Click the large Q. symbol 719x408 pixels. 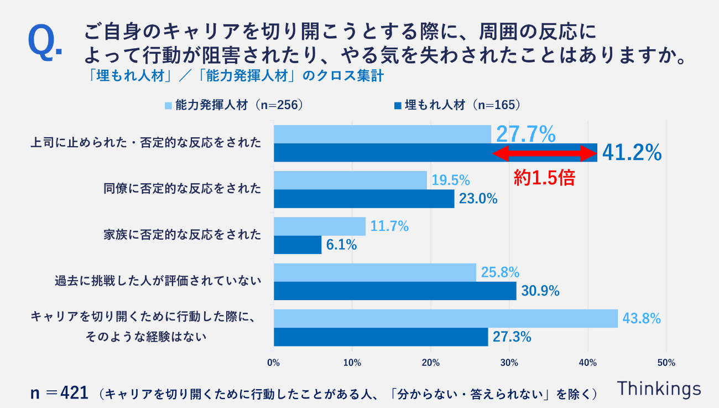click(44, 42)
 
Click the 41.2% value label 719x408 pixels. click(632, 153)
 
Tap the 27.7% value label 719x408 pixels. click(525, 134)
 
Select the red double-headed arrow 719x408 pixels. click(544, 153)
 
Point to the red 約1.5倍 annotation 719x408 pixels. click(544, 177)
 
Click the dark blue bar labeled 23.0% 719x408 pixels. click(364, 199)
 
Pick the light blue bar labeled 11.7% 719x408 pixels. click(320, 226)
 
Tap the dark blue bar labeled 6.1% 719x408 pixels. click(298, 245)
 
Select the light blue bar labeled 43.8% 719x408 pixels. click(445, 318)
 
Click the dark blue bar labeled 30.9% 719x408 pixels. click(395, 291)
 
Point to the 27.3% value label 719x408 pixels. click(510, 337)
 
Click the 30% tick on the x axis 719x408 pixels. click(509, 363)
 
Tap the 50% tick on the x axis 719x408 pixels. click(666, 363)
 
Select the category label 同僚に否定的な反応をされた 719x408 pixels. click(182, 189)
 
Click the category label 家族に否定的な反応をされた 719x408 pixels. click(182, 235)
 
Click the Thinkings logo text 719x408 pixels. click(659, 388)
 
